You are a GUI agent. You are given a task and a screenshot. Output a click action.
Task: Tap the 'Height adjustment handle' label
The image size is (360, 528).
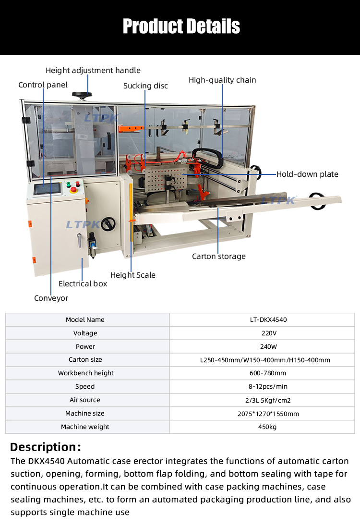[x=93, y=71]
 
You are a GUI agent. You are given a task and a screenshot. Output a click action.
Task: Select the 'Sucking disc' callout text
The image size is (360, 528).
[x=145, y=86]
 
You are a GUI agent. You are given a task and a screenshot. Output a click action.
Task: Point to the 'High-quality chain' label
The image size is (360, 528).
[x=222, y=80]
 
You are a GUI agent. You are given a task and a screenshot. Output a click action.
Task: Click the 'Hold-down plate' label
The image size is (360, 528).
[x=307, y=174]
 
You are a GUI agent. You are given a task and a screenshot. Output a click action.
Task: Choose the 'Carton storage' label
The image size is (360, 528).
[x=218, y=257]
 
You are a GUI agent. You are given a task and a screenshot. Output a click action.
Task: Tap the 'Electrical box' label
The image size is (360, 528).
[x=83, y=284]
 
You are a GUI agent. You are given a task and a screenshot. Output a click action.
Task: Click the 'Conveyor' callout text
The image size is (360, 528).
[x=51, y=298]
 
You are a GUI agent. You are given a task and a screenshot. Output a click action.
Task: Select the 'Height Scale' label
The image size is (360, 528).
[x=133, y=275]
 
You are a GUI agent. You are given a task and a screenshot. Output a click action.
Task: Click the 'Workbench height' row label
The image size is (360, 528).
[x=86, y=373]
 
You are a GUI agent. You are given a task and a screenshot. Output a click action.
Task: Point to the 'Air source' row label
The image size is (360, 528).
[x=85, y=400]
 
